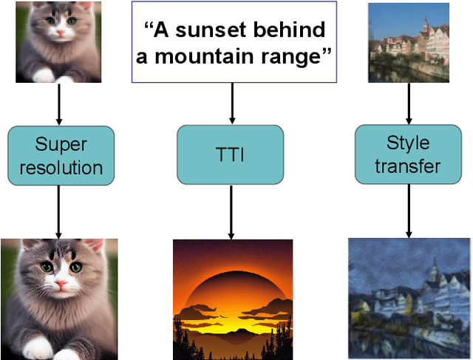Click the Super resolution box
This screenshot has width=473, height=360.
61,155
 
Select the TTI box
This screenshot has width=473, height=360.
231,154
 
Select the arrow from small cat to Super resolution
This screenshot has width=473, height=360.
60,103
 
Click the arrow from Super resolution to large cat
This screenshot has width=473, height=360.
60,211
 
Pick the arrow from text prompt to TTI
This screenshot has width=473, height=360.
231,103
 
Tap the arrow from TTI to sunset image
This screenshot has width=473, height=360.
231,211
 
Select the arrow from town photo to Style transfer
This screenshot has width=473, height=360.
408,103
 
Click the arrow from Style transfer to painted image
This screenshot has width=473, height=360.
408,210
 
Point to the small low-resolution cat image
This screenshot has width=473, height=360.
48,41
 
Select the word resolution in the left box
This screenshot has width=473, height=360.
61,168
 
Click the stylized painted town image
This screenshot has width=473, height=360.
409,298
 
